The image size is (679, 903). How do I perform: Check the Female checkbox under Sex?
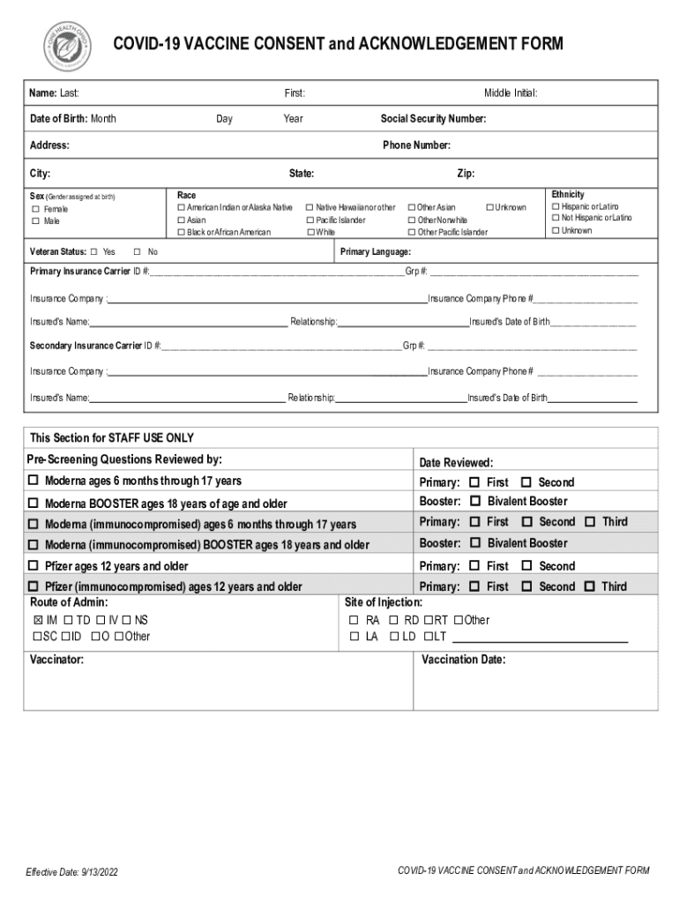click(36, 209)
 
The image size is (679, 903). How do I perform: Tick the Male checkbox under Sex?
click(36, 221)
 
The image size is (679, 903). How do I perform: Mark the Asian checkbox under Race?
click(182, 220)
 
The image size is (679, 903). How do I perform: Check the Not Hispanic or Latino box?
click(556, 218)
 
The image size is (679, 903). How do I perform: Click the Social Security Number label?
click(433, 119)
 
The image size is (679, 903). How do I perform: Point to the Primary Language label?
click(376, 252)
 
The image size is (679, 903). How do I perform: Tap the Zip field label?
click(465, 174)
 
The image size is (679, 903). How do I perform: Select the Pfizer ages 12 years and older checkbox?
click(34, 566)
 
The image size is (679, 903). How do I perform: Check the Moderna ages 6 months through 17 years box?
click(34, 481)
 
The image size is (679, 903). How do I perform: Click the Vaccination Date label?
click(463, 660)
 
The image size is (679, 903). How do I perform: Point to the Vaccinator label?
click(57, 660)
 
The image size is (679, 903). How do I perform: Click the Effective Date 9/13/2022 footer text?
click(71, 872)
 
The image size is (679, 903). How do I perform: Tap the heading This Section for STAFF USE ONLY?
click(112, 438)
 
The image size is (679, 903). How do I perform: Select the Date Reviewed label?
click(456, 463)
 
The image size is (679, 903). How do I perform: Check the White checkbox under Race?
click(310, 232)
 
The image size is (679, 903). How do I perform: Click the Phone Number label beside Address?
click(416, 146)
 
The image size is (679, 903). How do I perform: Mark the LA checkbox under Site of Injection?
click(354, 637)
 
